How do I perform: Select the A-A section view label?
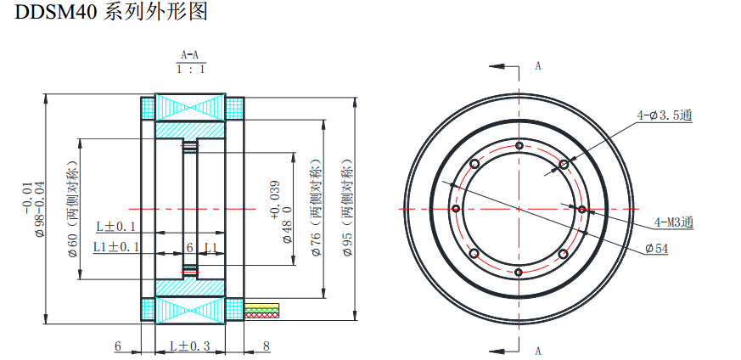[189, 55]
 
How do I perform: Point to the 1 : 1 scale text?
[190, 69]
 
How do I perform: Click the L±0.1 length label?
[116, 226]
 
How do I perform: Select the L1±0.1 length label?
[116, 247]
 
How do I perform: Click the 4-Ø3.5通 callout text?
[665, 115]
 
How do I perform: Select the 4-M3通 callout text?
[674, 222]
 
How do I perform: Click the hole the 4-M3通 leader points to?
[582, 208]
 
